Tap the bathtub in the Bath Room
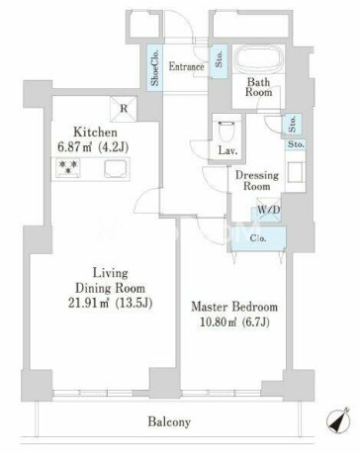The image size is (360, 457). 259,59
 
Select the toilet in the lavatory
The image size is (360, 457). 226,131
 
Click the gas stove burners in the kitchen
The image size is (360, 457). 68,167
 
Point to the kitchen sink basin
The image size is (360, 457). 116,168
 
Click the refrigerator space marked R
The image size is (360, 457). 124,108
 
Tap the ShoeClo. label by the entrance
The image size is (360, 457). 154,67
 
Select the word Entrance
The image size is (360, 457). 186,67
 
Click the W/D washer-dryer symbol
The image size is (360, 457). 268,210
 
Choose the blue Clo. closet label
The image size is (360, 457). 258,238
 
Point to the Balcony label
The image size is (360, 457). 169,421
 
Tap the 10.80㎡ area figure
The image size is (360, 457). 218,321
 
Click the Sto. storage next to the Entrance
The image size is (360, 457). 220,60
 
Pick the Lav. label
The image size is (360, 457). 227,151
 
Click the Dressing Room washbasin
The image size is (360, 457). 295,172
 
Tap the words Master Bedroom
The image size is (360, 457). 234,307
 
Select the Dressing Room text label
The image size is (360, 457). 257,180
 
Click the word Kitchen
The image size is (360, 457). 95,133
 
